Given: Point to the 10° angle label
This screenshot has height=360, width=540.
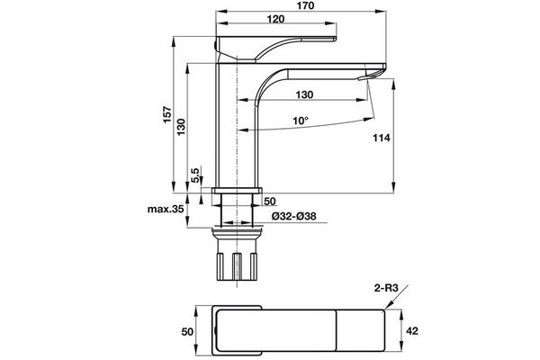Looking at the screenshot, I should tap(300, 121).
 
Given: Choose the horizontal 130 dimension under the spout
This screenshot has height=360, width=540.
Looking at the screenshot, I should tap(304, 94).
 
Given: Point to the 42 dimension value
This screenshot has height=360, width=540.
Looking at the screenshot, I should tap(411, 331).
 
